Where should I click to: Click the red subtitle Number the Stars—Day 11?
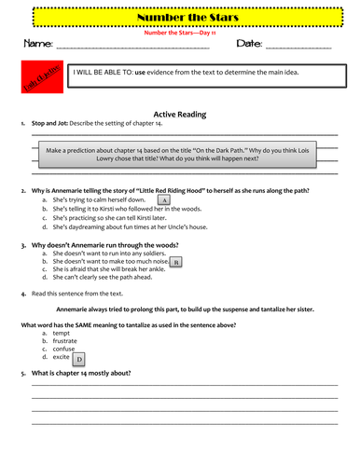pos(181,31)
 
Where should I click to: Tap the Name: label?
pos(38,44)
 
